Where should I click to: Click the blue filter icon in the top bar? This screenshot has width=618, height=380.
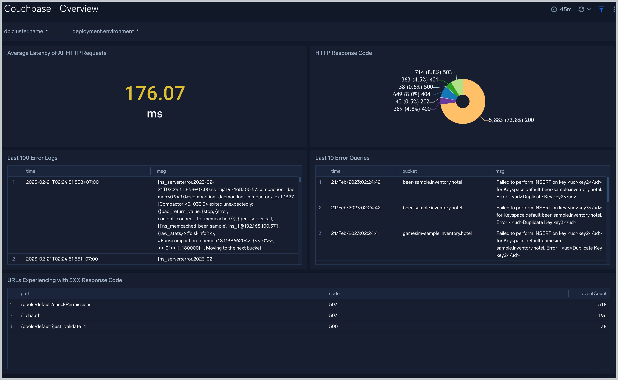(601, 10)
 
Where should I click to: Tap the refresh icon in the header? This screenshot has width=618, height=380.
(581, 10)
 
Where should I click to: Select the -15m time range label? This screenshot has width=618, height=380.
(565, 10)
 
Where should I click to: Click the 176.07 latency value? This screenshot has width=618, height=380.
(155, 93)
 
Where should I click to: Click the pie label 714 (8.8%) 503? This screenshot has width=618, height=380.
(433, 72)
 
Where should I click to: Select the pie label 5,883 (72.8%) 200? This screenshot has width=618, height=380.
(511, 120)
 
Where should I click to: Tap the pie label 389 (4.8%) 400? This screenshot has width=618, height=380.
(412, 109)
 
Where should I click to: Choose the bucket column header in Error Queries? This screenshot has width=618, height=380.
(410, 171)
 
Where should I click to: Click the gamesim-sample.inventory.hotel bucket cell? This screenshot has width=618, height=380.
(437, 233)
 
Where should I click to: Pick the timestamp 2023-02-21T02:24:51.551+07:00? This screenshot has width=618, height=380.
(62, 259)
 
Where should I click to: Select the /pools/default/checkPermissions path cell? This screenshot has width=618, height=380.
(56, 305)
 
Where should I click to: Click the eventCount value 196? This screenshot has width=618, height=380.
(602, 316)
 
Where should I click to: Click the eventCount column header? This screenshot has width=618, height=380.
(594, 294)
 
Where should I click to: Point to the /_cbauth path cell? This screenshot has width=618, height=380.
(31, 316)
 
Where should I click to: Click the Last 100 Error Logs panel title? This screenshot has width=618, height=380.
(33, 158)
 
